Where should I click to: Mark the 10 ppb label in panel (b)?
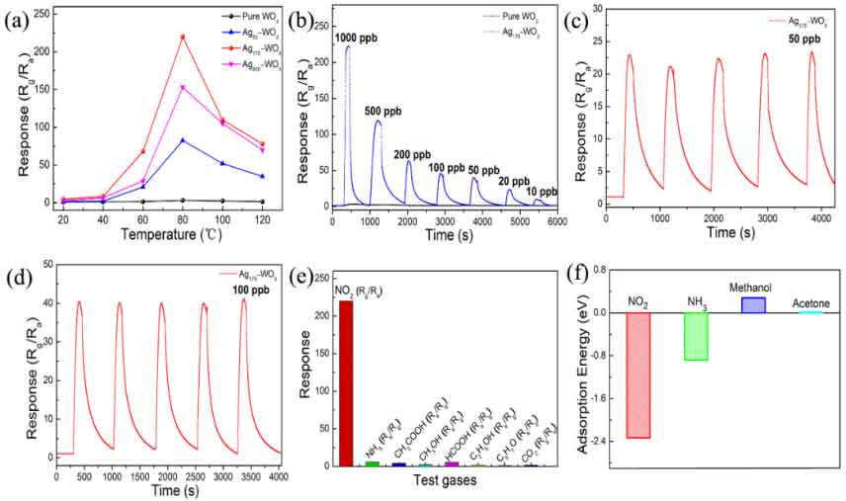point(542,191)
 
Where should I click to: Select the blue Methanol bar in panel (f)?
point(753,304)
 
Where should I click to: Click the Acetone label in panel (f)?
point(810,303)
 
